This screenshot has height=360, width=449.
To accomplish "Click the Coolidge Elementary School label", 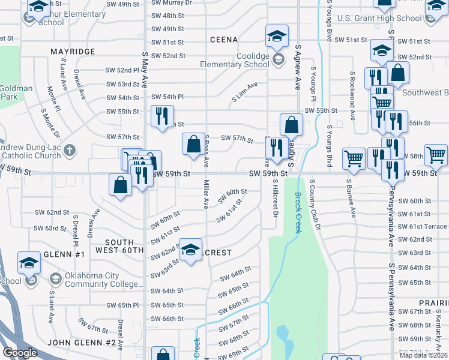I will click(240, 60).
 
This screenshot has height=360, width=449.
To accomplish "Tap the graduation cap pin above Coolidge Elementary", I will click(276, 38).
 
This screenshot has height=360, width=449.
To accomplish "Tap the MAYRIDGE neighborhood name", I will click(73, 52).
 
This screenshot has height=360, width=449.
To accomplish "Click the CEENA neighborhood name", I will click(225, 40).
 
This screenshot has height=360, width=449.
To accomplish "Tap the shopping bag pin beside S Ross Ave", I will click(194, 145).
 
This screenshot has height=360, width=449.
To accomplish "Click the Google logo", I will click(20, 353).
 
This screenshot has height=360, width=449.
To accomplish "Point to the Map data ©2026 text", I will click(423, 355).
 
